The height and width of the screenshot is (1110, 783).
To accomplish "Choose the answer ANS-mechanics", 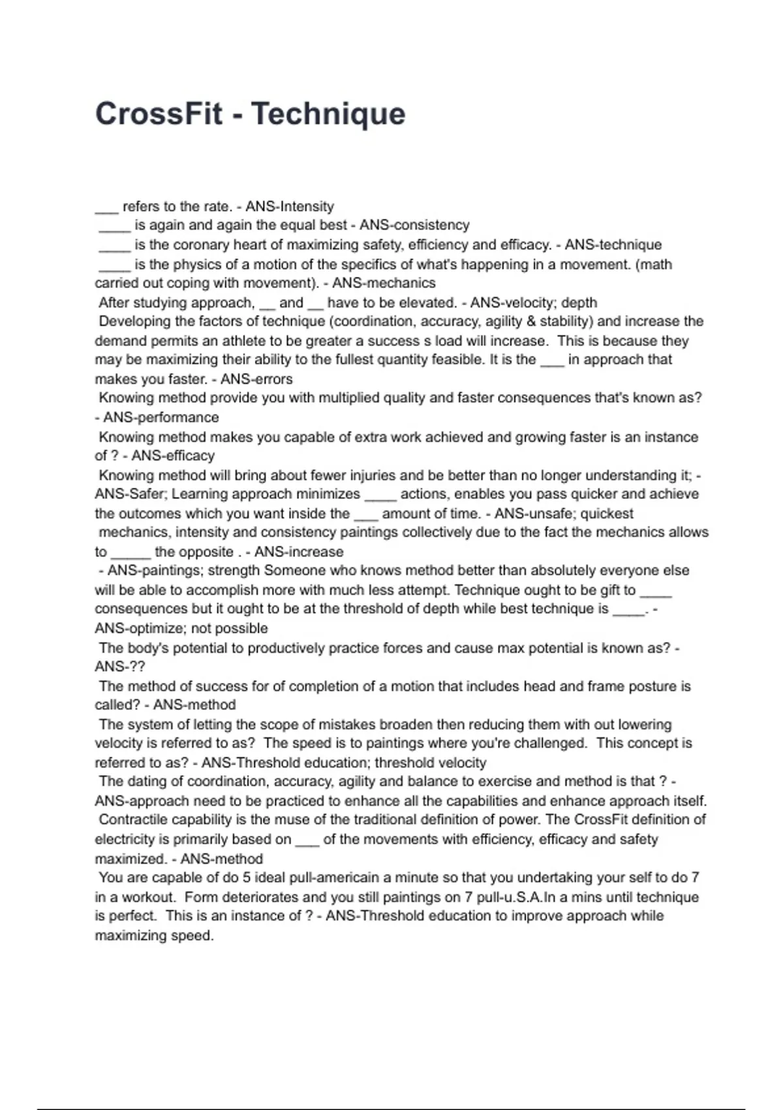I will click(x=384, y=283).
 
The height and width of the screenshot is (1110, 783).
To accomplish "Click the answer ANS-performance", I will click(x=161, y=418).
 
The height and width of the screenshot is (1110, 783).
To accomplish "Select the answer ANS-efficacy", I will click(x=173, y=456).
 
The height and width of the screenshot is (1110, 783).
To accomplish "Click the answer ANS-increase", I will click(x=299, y=552).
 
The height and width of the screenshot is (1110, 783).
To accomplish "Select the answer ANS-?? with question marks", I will click(x=120, y=667).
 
